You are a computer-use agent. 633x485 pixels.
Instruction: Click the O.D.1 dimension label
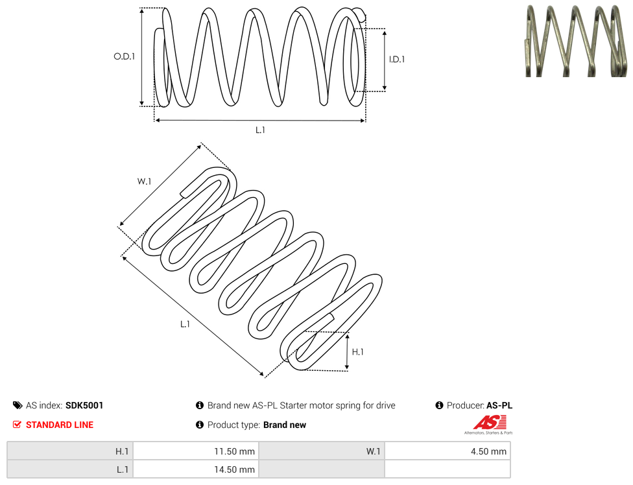point(124,56)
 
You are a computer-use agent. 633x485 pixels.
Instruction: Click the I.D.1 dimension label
point(397,59)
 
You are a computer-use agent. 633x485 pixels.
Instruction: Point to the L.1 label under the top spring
point(260,130)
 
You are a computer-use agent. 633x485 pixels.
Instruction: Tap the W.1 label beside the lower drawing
point(144,182)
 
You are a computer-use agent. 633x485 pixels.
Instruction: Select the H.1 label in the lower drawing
point(357,352)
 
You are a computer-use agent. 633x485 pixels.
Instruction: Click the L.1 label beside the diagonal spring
point(185,324)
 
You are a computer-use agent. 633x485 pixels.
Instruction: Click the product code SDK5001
point(84,405)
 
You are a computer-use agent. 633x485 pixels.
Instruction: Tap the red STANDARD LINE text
point(60,425)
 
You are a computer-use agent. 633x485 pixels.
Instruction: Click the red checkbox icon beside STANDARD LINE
point(17,425)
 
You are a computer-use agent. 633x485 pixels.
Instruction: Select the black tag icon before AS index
point(18,405)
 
